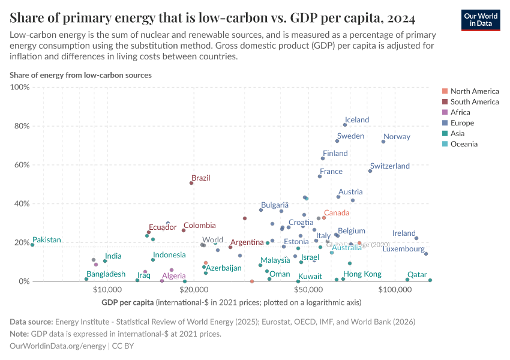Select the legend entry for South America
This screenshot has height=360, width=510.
[x=474, y=101]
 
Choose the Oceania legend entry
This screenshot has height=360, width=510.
[x=464, y=144]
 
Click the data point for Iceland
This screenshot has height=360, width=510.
[x=345, y=125]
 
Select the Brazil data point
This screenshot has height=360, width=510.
[x=191, y=183]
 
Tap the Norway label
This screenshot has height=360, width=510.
[x=397, y=137]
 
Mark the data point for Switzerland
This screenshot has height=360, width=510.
[x=370, y=171]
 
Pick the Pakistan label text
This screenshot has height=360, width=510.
[x=47, y=240]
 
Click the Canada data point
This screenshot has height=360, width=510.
[x=324, y=218]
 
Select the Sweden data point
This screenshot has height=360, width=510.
[x=337, y=141]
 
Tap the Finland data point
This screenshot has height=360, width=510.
[x=323, y=158]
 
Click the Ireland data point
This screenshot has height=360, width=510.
[x=416, y=238]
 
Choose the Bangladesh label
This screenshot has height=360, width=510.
[x=106, y=274]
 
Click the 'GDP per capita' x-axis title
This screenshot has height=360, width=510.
[x=127, y=302]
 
